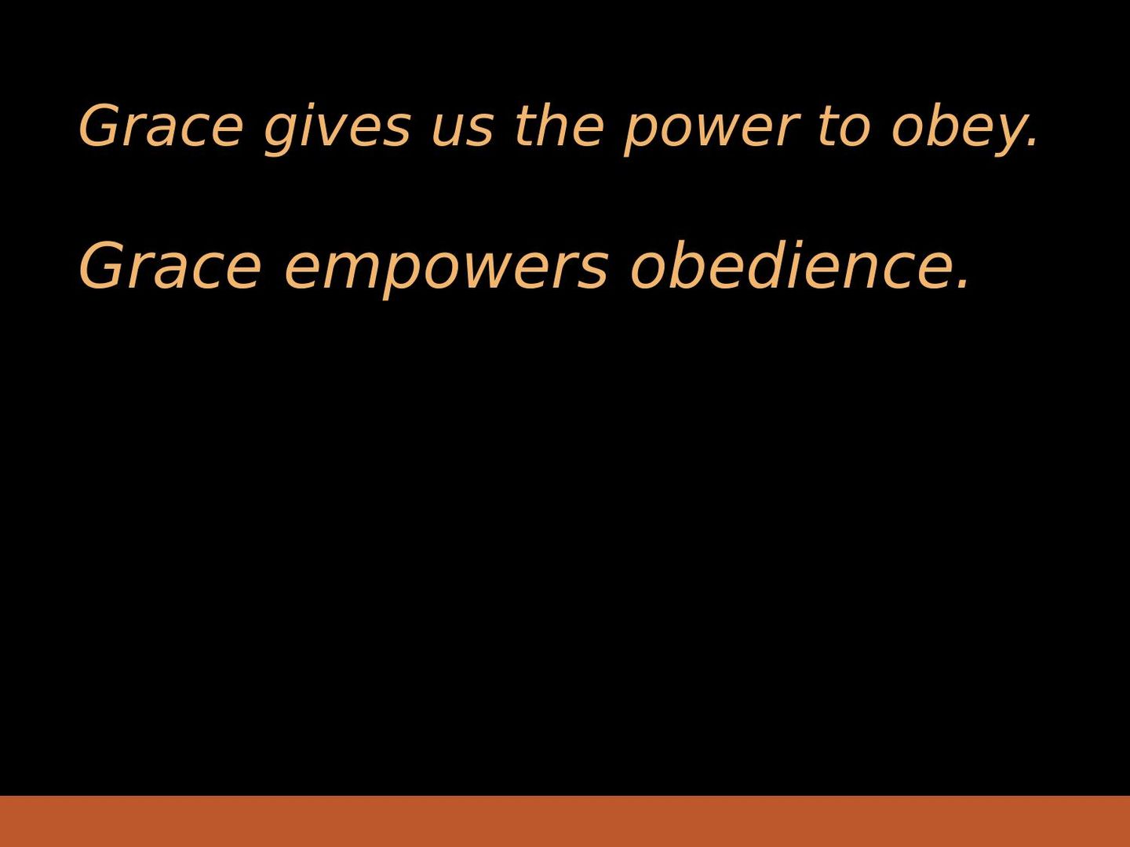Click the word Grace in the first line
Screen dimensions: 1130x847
tap(160, 126)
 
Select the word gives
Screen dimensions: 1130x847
tap(337, 129)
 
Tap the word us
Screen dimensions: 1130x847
tap(461, 132)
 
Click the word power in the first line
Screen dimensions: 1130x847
tap(711, 132)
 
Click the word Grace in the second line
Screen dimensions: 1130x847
tap(169, 267)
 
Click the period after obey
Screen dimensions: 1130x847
tap(1030, 144)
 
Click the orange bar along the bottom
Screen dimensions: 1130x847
tap(565, 821)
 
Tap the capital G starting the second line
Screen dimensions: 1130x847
tap(100, 267)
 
